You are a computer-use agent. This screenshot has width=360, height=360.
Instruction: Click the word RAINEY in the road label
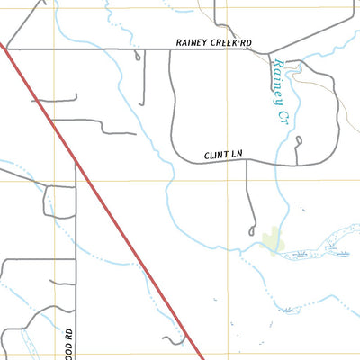(x=193, y=41)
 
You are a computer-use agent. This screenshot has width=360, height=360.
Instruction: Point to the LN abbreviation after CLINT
(x=237, y=156)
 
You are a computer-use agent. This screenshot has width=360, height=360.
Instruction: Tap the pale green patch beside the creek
(x=271, y=243)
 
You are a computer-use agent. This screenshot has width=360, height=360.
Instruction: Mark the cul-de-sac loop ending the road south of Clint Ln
(x=253, y=232)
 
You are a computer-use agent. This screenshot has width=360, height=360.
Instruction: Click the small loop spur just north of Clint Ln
(x=298, y=140)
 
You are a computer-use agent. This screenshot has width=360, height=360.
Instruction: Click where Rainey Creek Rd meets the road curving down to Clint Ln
(x=171, y=49)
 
